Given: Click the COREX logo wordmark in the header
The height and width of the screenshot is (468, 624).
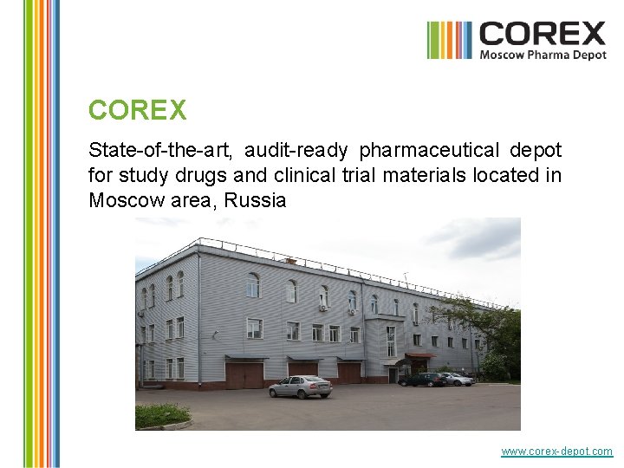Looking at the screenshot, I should pyautogui.click(x=543, y=34).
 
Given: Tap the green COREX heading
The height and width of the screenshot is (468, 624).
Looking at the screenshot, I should pyautogui.click(x=137, y=111).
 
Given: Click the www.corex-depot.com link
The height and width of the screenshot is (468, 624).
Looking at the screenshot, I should pyautogui.click(x=556, y=452).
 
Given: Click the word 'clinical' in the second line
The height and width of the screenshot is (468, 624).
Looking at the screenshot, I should pyautogui.click(x=302, y=176).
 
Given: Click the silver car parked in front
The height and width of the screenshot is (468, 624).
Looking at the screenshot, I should pyautogui.click(x=300, y=387).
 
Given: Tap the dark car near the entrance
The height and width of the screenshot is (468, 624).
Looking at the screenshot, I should pyautogui.click(x=423, y=380).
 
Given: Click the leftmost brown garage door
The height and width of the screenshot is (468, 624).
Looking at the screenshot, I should pyautogui.click(x=244, y=375).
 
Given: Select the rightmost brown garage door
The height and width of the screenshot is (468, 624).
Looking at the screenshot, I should pyautogui.click(x=349, y=372).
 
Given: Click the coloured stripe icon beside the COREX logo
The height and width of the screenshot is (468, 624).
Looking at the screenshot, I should pyautogui.click(x=449, y=40).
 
